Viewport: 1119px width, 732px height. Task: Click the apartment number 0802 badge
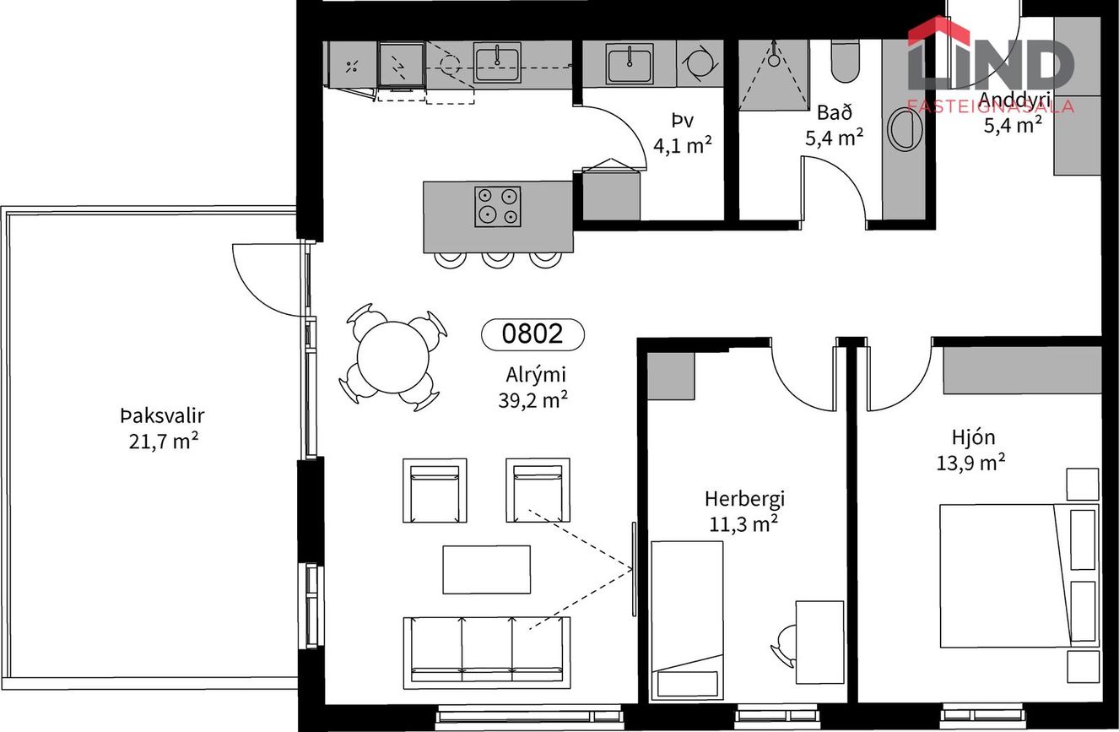click(x=532, y=334)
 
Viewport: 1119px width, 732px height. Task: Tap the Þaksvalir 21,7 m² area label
click(x=163, y=429)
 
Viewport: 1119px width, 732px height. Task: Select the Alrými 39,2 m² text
click(x=533, y=388)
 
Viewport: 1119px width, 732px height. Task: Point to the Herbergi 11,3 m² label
click(x=744, y=511)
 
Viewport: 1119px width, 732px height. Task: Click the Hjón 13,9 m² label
click(x=970, y=450)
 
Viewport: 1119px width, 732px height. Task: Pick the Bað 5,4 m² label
click(x=835, y=124)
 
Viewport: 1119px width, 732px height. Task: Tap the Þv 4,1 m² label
click(x=683, y=133)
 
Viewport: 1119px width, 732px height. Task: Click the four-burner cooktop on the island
click(x=498, y=207)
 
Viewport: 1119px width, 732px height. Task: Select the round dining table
click(x=393, y=357)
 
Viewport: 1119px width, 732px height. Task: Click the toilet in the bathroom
click(x=846, y=61)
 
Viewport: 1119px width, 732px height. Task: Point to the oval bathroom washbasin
click(x=905, y=129)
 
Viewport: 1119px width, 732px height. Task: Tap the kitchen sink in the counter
click(x=497, y=62)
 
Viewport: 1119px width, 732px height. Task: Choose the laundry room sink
click(x=630, y=63)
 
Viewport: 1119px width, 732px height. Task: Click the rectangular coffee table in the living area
click(x=487, y=570)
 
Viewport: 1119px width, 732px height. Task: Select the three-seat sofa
click(x=487, y=653)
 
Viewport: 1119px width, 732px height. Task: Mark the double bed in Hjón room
click(x=1019, y=576)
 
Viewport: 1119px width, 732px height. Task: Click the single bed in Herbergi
click(x=688, y=620)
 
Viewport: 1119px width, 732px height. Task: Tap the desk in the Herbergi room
click(x=819, y=642)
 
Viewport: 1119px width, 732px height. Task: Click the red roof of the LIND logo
click(x=938, y=31)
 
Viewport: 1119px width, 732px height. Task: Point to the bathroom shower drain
click(x=774, y=61)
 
